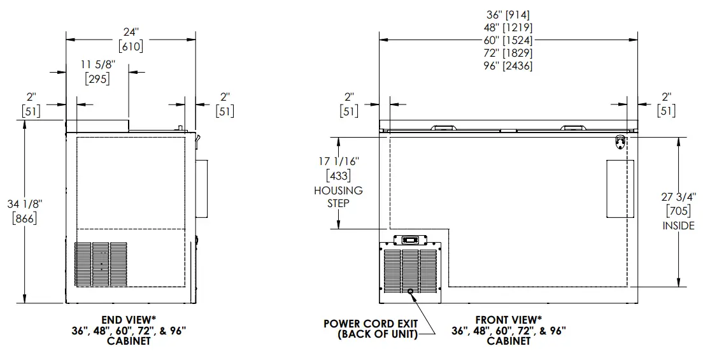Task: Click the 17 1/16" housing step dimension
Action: click(x=338, y=162)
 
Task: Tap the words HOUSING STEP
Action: click(x=338, y=196)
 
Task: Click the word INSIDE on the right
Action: click(x=678, y=226)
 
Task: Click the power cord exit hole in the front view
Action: click(x=411, y=292)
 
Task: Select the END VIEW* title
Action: click(x=128, y=319)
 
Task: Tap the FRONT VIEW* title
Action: click(x=508, y=319)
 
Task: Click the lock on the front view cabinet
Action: click(x=620, y=141)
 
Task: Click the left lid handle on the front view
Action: click(x=444, y=127)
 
